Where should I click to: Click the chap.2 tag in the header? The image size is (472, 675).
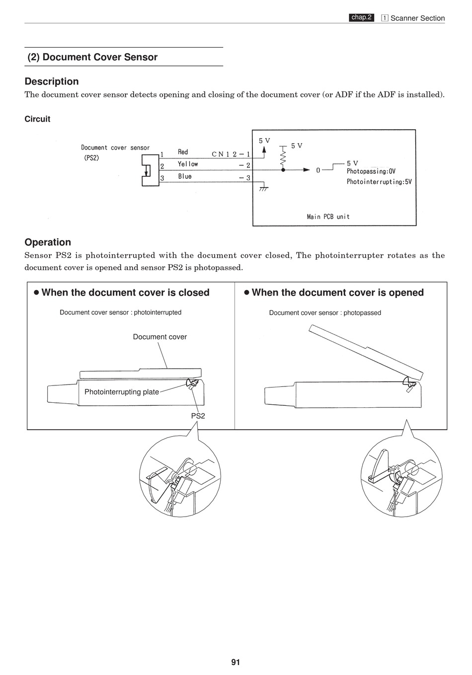(x=361, y=17)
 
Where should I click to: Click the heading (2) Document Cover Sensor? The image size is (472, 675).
(x=92, y=57)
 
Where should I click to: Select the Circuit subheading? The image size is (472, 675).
(x=37, y=119)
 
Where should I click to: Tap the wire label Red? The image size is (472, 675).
(x=183, y=152)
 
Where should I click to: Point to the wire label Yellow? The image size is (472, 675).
(x=188, y=164)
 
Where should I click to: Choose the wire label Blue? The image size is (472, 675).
(x=185, y=176)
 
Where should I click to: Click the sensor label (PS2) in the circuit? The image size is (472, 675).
(x=91, y=158)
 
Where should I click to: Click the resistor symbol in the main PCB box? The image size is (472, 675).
(x=283, y=158)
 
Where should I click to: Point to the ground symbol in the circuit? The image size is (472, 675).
(x=264, y=188)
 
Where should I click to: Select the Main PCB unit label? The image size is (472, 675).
(x=328, y=217)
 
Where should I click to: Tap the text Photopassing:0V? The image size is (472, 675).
(x=371, y=171)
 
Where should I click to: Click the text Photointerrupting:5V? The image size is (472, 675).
(x=379, y=182)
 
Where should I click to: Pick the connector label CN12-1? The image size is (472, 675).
(x=231, y=154)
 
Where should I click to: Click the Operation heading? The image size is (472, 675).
(x=48, y=242)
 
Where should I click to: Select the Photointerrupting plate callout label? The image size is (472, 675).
(x=122, y=392)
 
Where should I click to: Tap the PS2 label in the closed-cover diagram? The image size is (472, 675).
(x=198, y=416)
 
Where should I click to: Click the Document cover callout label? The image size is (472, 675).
(x=159, y=337)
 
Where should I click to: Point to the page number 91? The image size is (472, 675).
(x=236, y=662)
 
